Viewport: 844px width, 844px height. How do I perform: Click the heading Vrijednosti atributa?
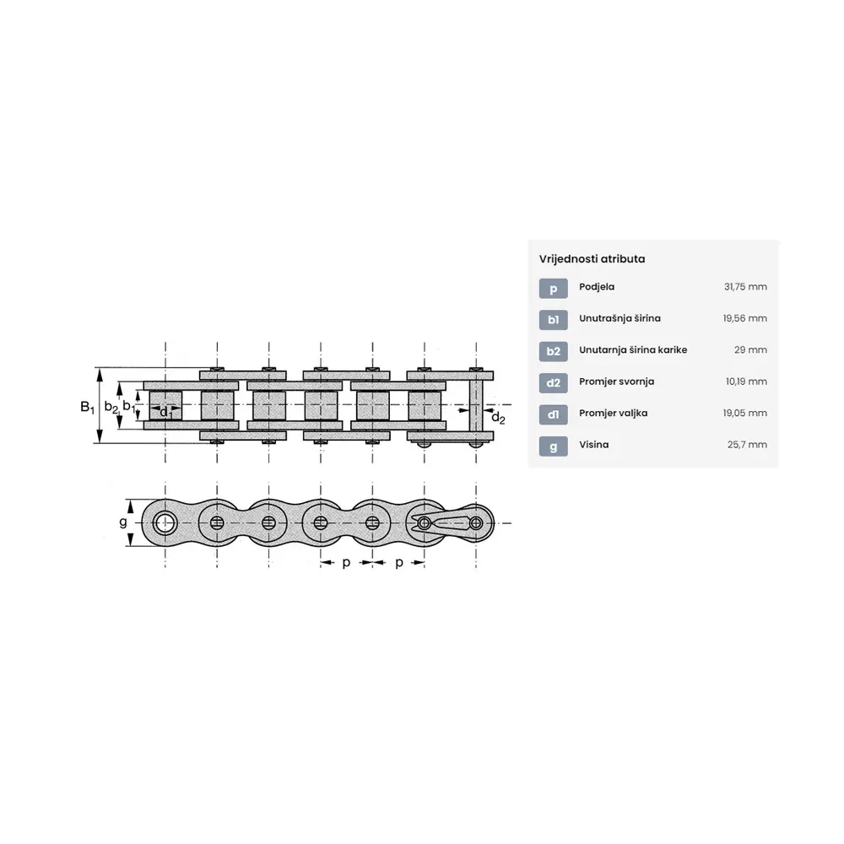point(592,259)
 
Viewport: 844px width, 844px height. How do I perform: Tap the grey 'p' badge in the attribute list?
point(554,289)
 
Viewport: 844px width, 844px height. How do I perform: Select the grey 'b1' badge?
point(554,320)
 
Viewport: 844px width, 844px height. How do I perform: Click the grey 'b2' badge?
point(554,351)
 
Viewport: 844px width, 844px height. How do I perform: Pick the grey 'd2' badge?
point(554,383)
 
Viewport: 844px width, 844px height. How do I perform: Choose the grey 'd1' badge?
point(554,414)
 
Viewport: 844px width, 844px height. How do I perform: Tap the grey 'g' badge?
point(554,446)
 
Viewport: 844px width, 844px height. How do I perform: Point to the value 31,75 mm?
point(745,287)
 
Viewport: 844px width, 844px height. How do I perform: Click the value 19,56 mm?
point(745,318)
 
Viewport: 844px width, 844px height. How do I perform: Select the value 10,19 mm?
point(746,381)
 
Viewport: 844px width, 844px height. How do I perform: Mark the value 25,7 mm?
point(747,445)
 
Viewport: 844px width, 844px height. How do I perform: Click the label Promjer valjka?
point(613,414)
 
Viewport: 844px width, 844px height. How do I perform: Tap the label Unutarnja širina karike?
point(633,350)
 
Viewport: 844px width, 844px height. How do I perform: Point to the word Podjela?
point(597,287)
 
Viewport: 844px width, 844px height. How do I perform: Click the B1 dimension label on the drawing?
point(87,407)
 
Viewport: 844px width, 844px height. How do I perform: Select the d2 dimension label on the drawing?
point(499,418)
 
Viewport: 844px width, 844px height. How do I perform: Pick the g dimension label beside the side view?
point(123,522)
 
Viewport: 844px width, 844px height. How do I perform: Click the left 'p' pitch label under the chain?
point(346,562)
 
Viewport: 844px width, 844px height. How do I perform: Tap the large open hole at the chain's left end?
point(165,522)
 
